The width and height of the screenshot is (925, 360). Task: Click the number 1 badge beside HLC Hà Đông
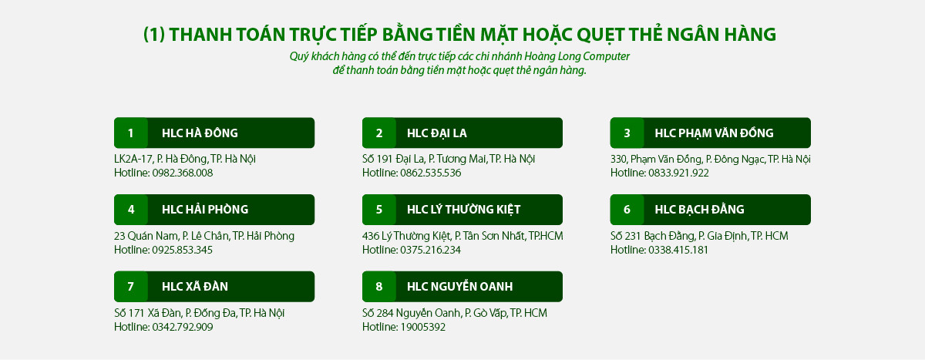130,133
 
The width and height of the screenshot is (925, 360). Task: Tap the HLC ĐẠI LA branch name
436,133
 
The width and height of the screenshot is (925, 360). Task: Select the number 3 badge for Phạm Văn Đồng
627,133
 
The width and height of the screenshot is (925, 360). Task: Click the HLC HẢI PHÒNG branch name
205,210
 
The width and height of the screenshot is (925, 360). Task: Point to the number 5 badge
378,210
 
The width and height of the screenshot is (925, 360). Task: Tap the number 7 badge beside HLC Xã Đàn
130,287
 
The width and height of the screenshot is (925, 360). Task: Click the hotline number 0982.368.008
182,173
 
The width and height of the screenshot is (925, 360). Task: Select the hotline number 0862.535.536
430,173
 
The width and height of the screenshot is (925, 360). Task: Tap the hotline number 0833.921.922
678,173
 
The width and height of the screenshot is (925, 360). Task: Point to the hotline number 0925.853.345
182,250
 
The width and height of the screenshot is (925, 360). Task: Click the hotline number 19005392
422,327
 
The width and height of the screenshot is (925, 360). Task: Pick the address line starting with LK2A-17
185,159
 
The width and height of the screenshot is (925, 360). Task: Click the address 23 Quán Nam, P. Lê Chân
204,236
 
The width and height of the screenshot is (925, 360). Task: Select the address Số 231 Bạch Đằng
699,236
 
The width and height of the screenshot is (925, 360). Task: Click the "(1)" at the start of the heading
154,35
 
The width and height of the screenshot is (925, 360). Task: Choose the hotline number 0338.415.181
678,250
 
